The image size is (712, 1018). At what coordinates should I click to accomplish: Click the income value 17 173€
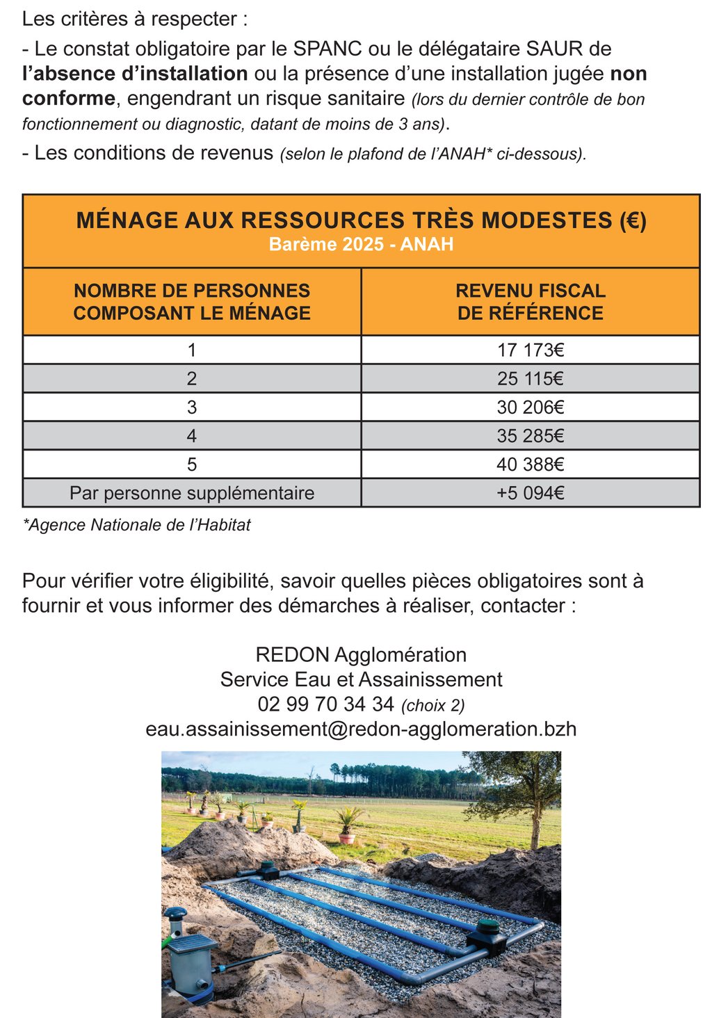pos(530,350)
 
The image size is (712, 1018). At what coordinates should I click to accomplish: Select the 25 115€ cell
pos(530,378)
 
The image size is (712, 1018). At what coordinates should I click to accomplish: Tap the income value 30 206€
pos(530,407)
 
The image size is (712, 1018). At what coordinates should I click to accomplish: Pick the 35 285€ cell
pos(530,436)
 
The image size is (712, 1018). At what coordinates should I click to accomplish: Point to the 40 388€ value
pos(530,464)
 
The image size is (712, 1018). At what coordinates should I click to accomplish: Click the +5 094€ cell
pos(530,493)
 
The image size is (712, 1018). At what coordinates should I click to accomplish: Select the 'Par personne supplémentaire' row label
pos(192,493)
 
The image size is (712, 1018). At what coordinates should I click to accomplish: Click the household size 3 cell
pos(192,407)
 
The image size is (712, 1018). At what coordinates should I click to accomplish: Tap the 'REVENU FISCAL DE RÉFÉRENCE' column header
pos(530,302)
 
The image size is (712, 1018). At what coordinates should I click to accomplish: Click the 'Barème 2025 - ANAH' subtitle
pos(361,244)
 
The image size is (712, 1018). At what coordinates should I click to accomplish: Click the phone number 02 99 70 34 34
pos(325,704)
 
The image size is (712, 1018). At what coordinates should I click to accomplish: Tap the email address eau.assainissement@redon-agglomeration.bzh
pos(361,729)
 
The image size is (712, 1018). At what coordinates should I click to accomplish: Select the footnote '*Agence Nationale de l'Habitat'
pos(136,525)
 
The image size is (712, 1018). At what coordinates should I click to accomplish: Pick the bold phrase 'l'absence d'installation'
pos(135,74)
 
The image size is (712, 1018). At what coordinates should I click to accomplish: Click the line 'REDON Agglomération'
pos(361,655)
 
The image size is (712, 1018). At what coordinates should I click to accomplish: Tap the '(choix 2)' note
pos(433,706)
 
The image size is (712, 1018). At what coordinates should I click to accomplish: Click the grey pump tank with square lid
pos(191,963)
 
